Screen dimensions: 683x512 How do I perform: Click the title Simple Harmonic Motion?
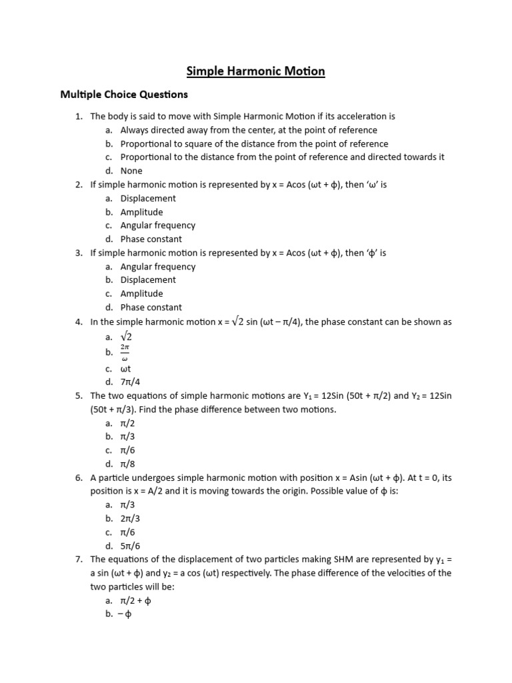click(x=255, y=71)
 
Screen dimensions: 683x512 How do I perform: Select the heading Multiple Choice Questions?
click(x=124, y=94)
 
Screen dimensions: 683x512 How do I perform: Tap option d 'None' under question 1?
click(x=131, y=171)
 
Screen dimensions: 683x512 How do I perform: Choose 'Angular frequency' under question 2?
click(x=157, y=225)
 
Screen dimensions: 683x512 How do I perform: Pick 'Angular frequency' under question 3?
click(x=157, y=267)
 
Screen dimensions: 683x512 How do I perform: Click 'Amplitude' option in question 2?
click(x=141, y=212)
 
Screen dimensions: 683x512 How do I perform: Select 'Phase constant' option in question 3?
click(x=151, y=307)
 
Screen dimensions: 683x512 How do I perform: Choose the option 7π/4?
click(x=130, y=382)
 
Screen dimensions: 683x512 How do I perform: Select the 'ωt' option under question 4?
click(x=126, y=369)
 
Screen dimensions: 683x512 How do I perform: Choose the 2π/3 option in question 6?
click(x=130, y=518)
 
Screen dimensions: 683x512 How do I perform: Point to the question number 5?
click(x=79, y=396)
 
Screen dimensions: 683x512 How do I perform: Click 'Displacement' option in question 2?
click(x=148, y=199)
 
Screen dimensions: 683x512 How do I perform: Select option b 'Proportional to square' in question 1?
click(x=253, y=144)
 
